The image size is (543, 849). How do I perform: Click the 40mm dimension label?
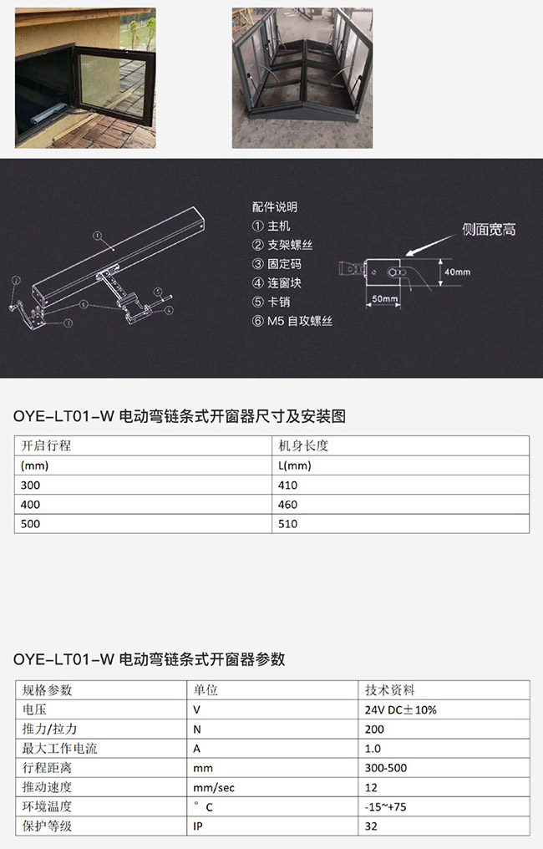(x=457, y=272)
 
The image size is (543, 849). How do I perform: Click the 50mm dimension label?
(x=384, y=298)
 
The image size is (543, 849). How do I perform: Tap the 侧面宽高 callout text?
(x=489, y=230)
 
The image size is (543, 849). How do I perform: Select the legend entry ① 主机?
(x=271, y=226)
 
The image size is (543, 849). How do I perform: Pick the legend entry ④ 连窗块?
(x=277, y=282)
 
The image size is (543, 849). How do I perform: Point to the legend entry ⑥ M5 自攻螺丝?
(x=292, y=321)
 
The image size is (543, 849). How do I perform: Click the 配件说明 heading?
(x=275, y=207)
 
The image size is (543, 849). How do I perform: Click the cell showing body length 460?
(x=288, y=505)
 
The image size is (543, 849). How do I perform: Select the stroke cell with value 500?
(x=30, y=524)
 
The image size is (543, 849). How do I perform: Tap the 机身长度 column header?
(x=303, y=445)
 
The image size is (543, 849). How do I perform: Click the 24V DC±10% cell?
(x=401, y=709)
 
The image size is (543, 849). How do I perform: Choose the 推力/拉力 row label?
(x=49, y=729)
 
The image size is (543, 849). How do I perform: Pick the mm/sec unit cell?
(x=214, y=788)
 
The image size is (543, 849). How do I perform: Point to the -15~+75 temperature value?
(x=385, y=806)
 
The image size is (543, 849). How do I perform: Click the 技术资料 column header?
(x=390, y=690)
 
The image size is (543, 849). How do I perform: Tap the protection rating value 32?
(x=371, y=826)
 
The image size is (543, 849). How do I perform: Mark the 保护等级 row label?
(x=47, y=826)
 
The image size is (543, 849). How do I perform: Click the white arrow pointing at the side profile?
(x=431, y=244)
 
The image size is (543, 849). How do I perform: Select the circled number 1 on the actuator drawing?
(x=97, y=236)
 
